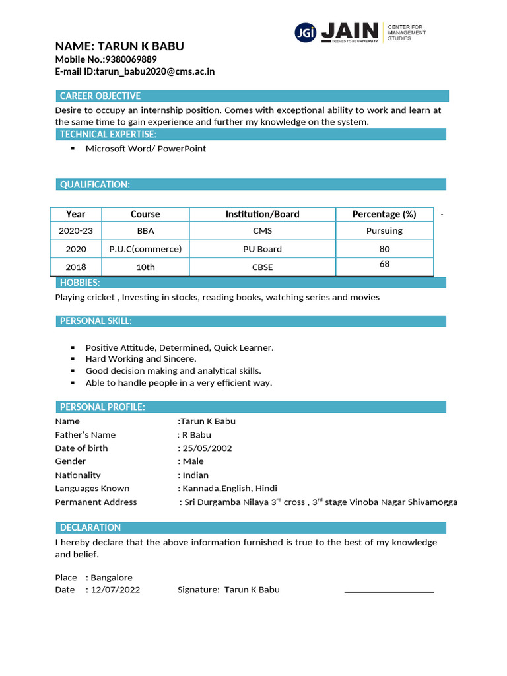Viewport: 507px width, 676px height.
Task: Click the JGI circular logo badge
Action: pyautogui.click(x=305, y=32)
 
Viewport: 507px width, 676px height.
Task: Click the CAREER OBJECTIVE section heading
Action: pyautogui.click(x=100, y=96)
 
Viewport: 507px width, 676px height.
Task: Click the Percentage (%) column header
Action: pyautogui.click(x=384, y=214)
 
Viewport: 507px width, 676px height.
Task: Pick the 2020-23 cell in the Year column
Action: pyautogui.click(x=76, y=231)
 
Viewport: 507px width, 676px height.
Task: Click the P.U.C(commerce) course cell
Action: pyautogui.click(x=145, y=249)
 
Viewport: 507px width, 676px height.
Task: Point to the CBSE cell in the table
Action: pyautogui.click(x=262, y=267)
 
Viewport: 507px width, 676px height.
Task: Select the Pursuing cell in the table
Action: pyautogui.click(x=384, y=231)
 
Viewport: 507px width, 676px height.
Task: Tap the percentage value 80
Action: pyautogui.click(x=384, y=249)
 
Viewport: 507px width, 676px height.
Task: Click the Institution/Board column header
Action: pyautogui.click(x=262, y=214)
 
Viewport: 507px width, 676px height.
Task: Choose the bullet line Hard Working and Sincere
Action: pyautogui.click(x=141, y=359)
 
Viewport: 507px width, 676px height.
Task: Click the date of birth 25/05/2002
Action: pyautogui.click(x=207, y=448)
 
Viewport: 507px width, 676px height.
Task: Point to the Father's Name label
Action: pyautogui.click(x=85, y=435)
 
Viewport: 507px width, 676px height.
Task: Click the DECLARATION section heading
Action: pyautogui.click(x=90, y=527)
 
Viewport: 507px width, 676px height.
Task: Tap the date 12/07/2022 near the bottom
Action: pyautogui.click(x=116, y=590)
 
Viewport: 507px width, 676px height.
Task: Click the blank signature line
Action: pyautogui.click(x=389, y=591)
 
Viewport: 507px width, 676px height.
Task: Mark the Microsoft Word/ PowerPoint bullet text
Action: pyautogui.click(x=146, y=149)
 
